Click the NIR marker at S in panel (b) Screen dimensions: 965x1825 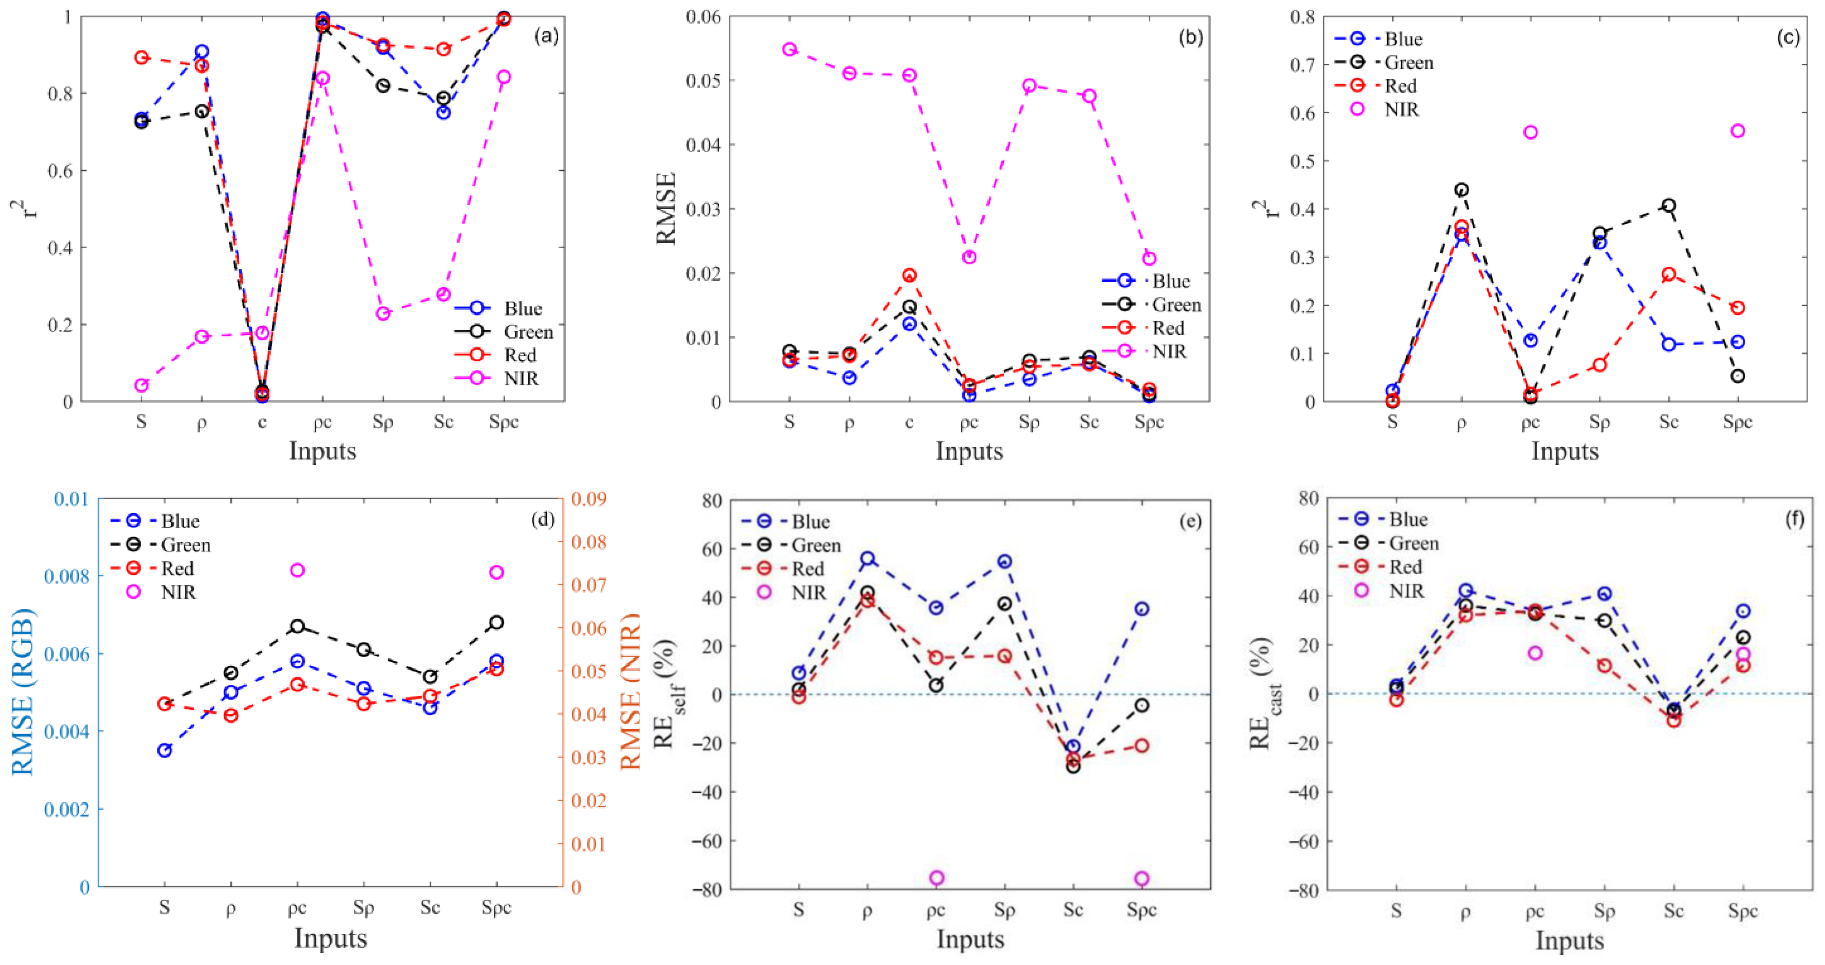tap(789, 49)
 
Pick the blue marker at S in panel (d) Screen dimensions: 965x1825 tap(164, 750)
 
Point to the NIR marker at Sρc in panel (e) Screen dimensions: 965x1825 tap(1141, 879)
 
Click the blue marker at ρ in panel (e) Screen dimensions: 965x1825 tap(867, 558)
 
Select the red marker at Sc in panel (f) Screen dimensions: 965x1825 tap(1674, 720)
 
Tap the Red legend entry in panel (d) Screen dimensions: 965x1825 tap(177, 568)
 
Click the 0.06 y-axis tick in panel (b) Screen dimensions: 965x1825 tap(703, 16)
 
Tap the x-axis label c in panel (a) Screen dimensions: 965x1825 tap(262, 422)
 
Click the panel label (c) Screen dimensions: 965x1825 tap(1788, 37)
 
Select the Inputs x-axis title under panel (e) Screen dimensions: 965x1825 tap(969, 939)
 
